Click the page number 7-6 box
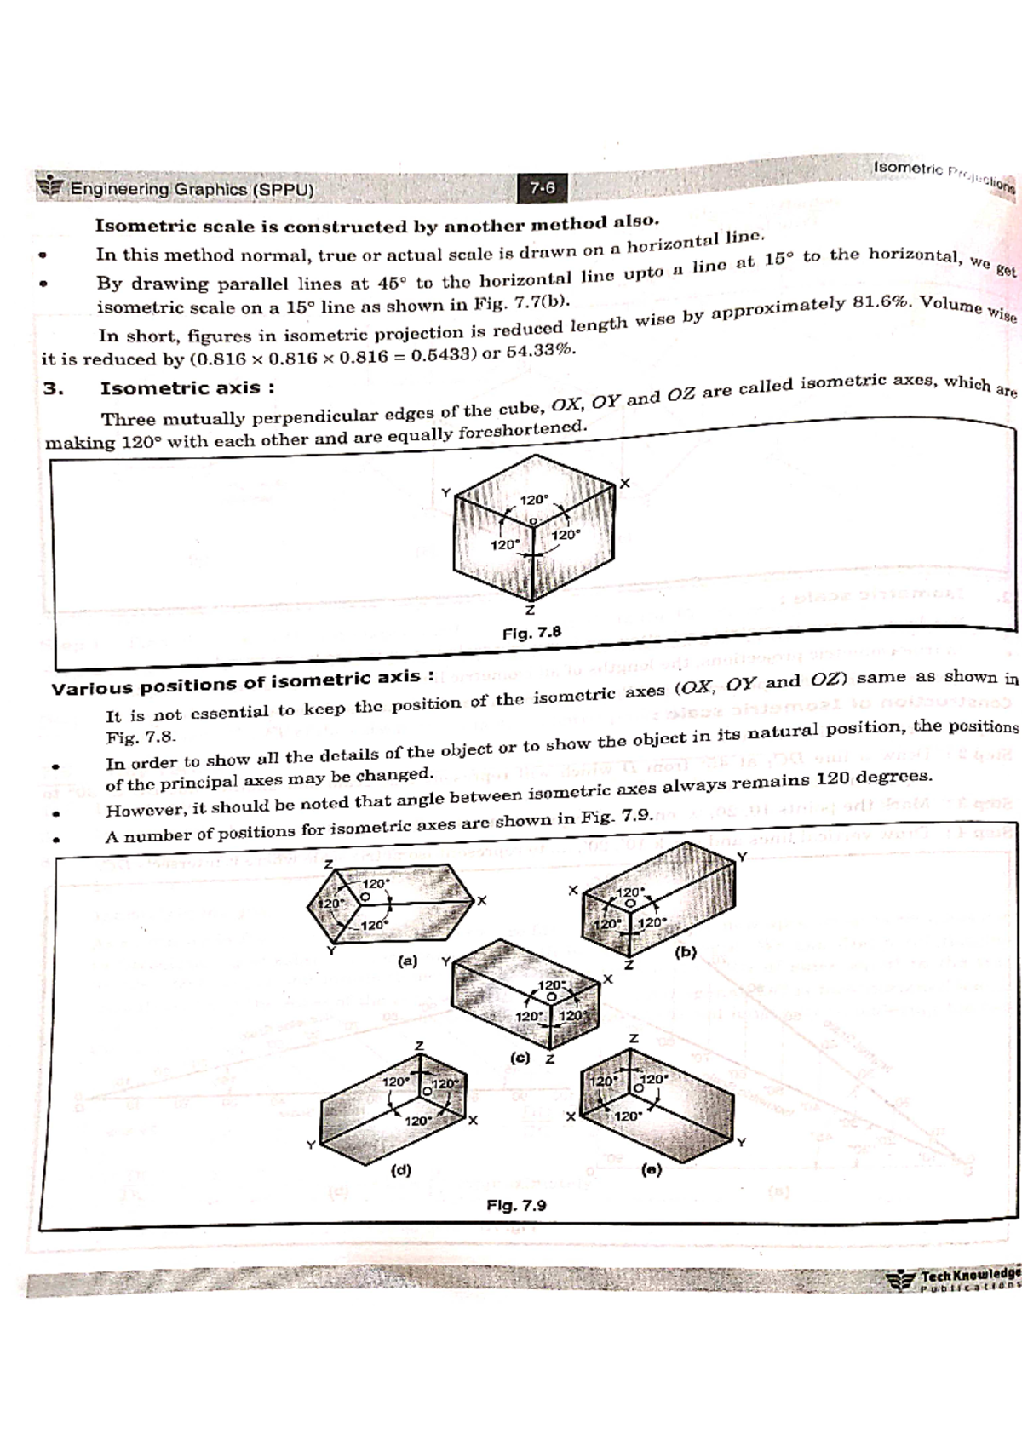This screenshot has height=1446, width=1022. click(x=543, y=187)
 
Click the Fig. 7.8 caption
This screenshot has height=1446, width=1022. click(x=531, y=633)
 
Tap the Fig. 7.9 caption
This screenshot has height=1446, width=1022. click(x=516, y=1205)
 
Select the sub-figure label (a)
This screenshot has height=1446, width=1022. click(x=408, y=961)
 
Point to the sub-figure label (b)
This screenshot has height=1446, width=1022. click(x=686, y=952)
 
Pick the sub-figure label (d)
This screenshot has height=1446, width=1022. click(x=400, y=1169)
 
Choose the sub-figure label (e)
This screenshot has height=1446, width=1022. click(x=651, y=1169)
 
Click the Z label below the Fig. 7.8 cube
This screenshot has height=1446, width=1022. click(x=530, y=611)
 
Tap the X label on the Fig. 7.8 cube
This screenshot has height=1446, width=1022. click(x=625, y=484)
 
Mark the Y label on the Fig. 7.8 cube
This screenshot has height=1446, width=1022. click(x=445, y=492)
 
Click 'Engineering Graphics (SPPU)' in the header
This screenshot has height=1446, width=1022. click(x=192, y=189)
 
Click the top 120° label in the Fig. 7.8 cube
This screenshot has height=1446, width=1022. click(x=535, y=500)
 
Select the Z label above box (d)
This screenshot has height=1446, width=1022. click(x=418, y=1045)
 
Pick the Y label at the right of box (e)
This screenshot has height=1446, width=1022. click(x=740, y=1142)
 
